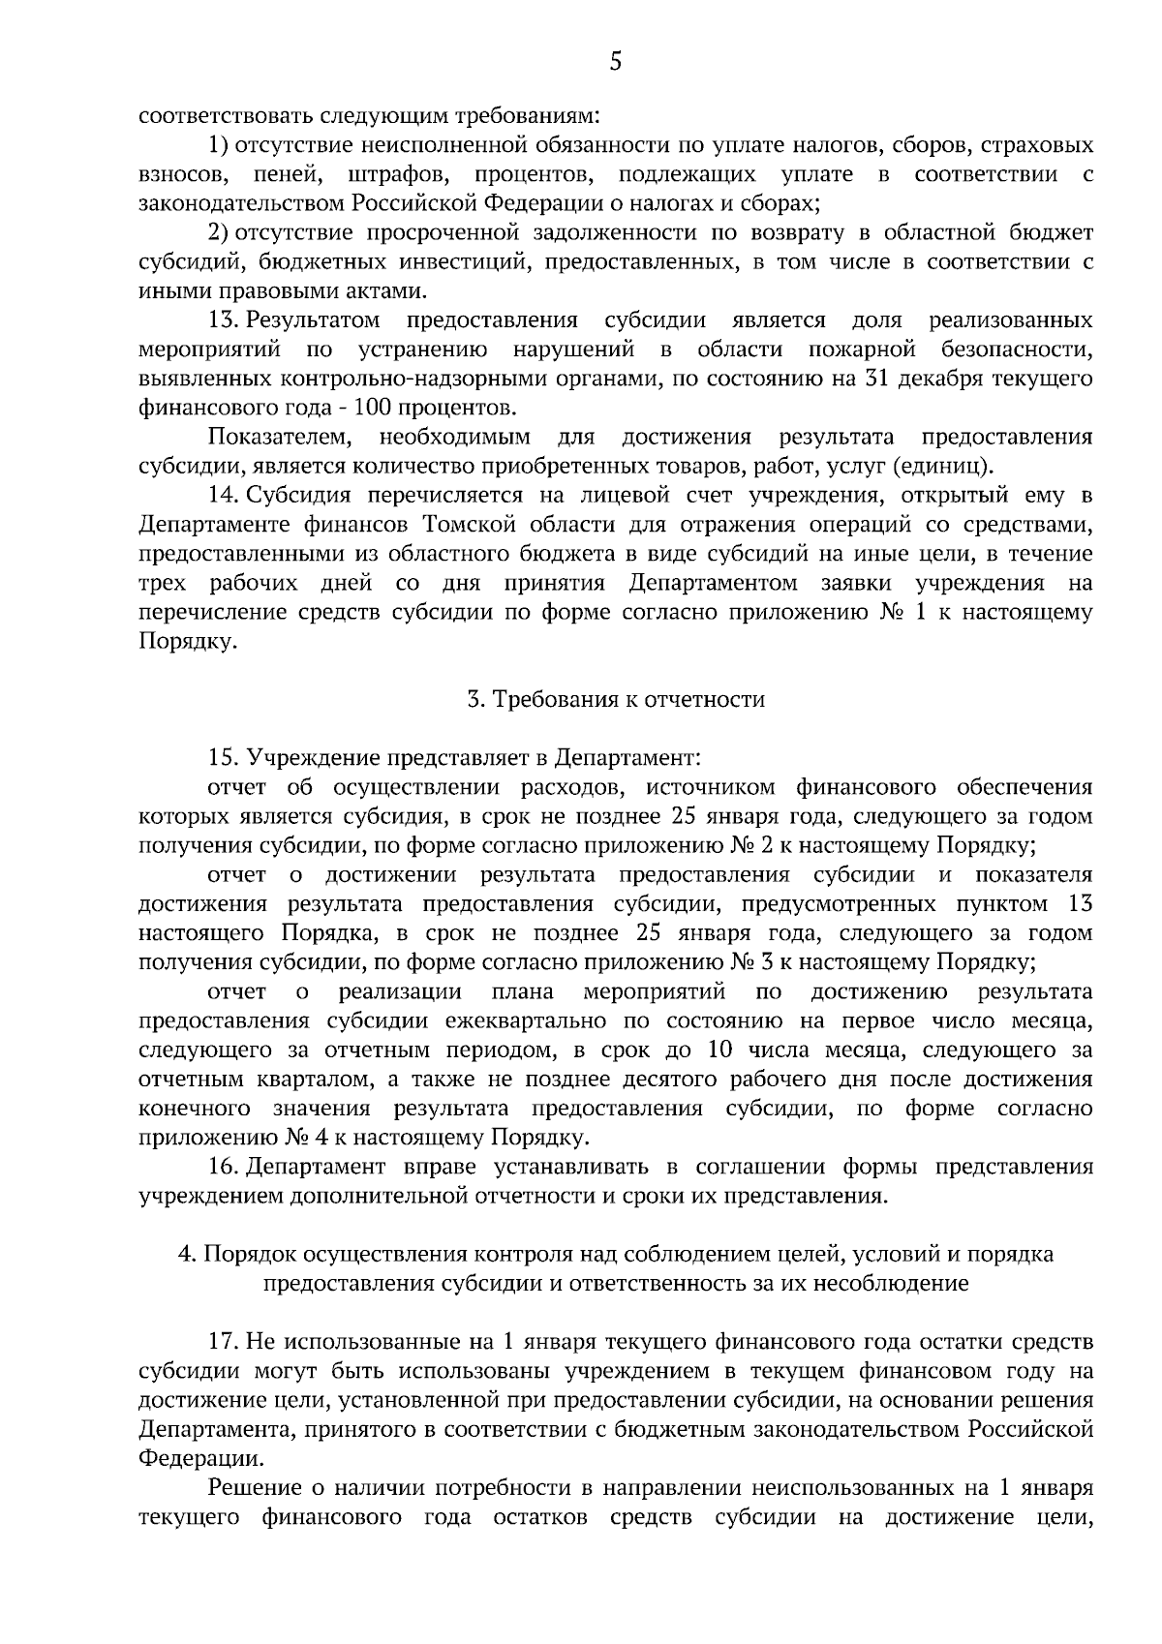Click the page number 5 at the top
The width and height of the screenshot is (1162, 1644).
click(x=616, y=62)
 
